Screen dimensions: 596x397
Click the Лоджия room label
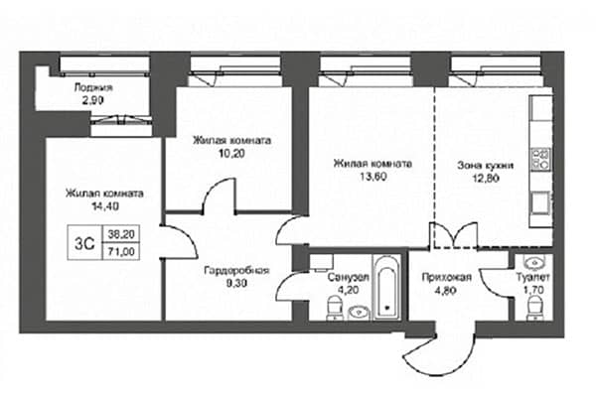(x=93, y=87)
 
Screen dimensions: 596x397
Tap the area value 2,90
(x=93, y=100)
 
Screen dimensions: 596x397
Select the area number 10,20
(x=231, y=153)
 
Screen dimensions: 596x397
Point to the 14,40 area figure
(x=105, y=205)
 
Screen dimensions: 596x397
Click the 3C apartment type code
(x=84, y=243)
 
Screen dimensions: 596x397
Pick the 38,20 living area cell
(x=121, y=234)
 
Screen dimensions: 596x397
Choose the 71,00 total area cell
(x=121, y=251)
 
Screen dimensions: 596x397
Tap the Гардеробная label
(x=236, y=271)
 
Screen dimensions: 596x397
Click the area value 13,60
(x=372, y=177)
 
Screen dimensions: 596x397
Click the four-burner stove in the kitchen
(x=540, y=159)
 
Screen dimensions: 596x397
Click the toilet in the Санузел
(x=335, y=309)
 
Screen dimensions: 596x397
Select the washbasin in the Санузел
(x=359, y=313)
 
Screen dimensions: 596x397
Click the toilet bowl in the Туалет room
(x=536, y=308)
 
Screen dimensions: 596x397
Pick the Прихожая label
(x=447, y=277)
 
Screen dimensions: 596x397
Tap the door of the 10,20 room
(x=220, y=195)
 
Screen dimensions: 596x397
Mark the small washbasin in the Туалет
(x=535, y=261)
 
